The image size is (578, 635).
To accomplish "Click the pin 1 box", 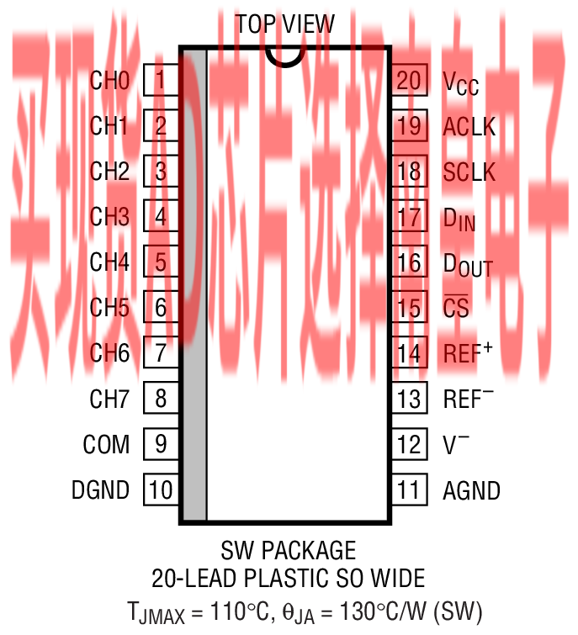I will tap(160, 82).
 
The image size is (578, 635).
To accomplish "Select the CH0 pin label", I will tap(109, 82).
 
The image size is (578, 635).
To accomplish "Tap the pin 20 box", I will tap(408, 81).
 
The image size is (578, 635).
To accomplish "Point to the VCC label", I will tap(460, 82).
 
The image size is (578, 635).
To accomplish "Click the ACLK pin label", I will tap(469, 128).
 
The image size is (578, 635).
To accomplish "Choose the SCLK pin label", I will tap(469, 173).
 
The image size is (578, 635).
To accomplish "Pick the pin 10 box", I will tap(160, 489).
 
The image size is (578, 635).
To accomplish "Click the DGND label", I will tap(101, 490).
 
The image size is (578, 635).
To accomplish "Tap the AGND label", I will tap(471, 490).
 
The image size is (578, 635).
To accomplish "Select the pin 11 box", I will tap(408, 489).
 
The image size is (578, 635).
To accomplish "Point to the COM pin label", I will tap(106, 444).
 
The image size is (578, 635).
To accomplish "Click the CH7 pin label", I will tap(109, 399).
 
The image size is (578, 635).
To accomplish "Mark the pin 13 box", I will tap(408, 399).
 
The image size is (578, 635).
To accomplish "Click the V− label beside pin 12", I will tap(456, 444).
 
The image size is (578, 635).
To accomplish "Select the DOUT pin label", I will tap(467, 264).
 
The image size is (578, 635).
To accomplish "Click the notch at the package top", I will tap(284, 56).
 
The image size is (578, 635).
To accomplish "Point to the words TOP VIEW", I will tap(284, 24).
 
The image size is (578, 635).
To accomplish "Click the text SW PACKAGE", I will tap(289, 551).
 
